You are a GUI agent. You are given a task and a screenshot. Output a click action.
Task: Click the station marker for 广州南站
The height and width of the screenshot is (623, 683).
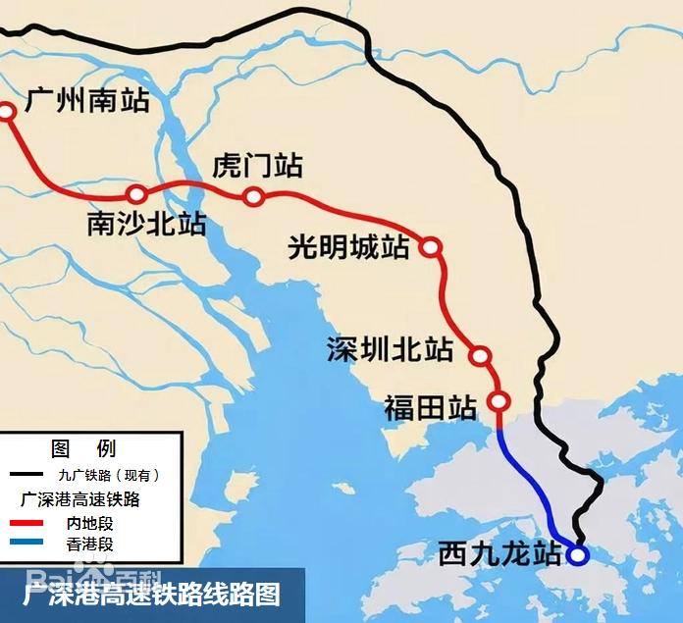point(7,112)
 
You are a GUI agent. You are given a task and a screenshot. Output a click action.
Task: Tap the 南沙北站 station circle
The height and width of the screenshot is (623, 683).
point(136,194)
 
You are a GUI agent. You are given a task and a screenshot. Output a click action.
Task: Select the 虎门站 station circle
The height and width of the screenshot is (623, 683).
point(253,197)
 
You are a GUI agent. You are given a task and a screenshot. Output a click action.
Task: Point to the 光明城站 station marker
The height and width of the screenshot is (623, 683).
point(430,246)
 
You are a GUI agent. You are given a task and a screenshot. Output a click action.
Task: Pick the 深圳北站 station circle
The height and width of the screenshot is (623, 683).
point(480,355)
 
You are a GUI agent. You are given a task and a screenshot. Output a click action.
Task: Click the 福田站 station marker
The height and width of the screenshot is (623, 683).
point(499,401)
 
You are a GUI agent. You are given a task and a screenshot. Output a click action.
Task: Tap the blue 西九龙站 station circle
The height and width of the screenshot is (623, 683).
point(578,555)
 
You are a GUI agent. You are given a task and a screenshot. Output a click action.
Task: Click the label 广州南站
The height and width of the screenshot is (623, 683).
point(87,100)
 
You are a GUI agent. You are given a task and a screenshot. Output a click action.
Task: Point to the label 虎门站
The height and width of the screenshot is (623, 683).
point(258,166)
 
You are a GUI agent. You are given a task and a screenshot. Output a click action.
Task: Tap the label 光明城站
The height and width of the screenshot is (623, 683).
point(348,247)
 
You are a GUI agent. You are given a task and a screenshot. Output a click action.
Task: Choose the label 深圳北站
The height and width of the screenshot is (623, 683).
point(391,349)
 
